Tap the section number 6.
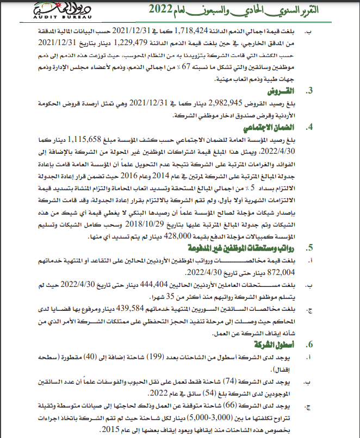310,345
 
